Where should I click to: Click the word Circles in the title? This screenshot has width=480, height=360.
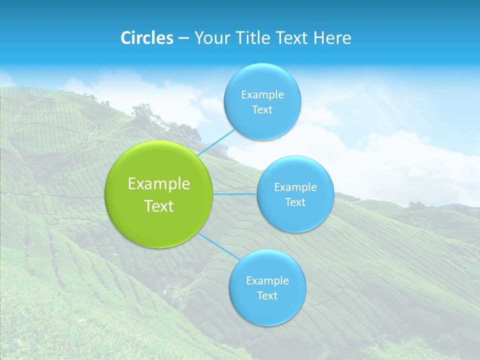point(146,38)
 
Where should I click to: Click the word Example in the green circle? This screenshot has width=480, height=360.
point(159,184)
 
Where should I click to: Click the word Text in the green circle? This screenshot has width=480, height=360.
point(159,206)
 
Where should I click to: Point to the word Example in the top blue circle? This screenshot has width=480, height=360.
point(262,95)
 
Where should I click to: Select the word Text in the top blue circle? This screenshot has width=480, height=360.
point(262,110)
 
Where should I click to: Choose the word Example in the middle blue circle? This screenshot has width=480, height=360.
point(295,187)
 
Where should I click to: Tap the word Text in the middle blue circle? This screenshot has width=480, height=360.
point(295,202)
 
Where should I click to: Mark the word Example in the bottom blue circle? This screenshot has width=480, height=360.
point(267,281)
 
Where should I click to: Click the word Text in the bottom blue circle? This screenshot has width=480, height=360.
point(267,296)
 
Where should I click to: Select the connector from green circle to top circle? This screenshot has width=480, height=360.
point(216,143)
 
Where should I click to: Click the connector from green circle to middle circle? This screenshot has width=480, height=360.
point(235,194)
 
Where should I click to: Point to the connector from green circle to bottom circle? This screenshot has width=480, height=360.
point(219,246)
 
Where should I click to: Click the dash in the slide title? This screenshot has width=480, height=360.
point(183,38)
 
